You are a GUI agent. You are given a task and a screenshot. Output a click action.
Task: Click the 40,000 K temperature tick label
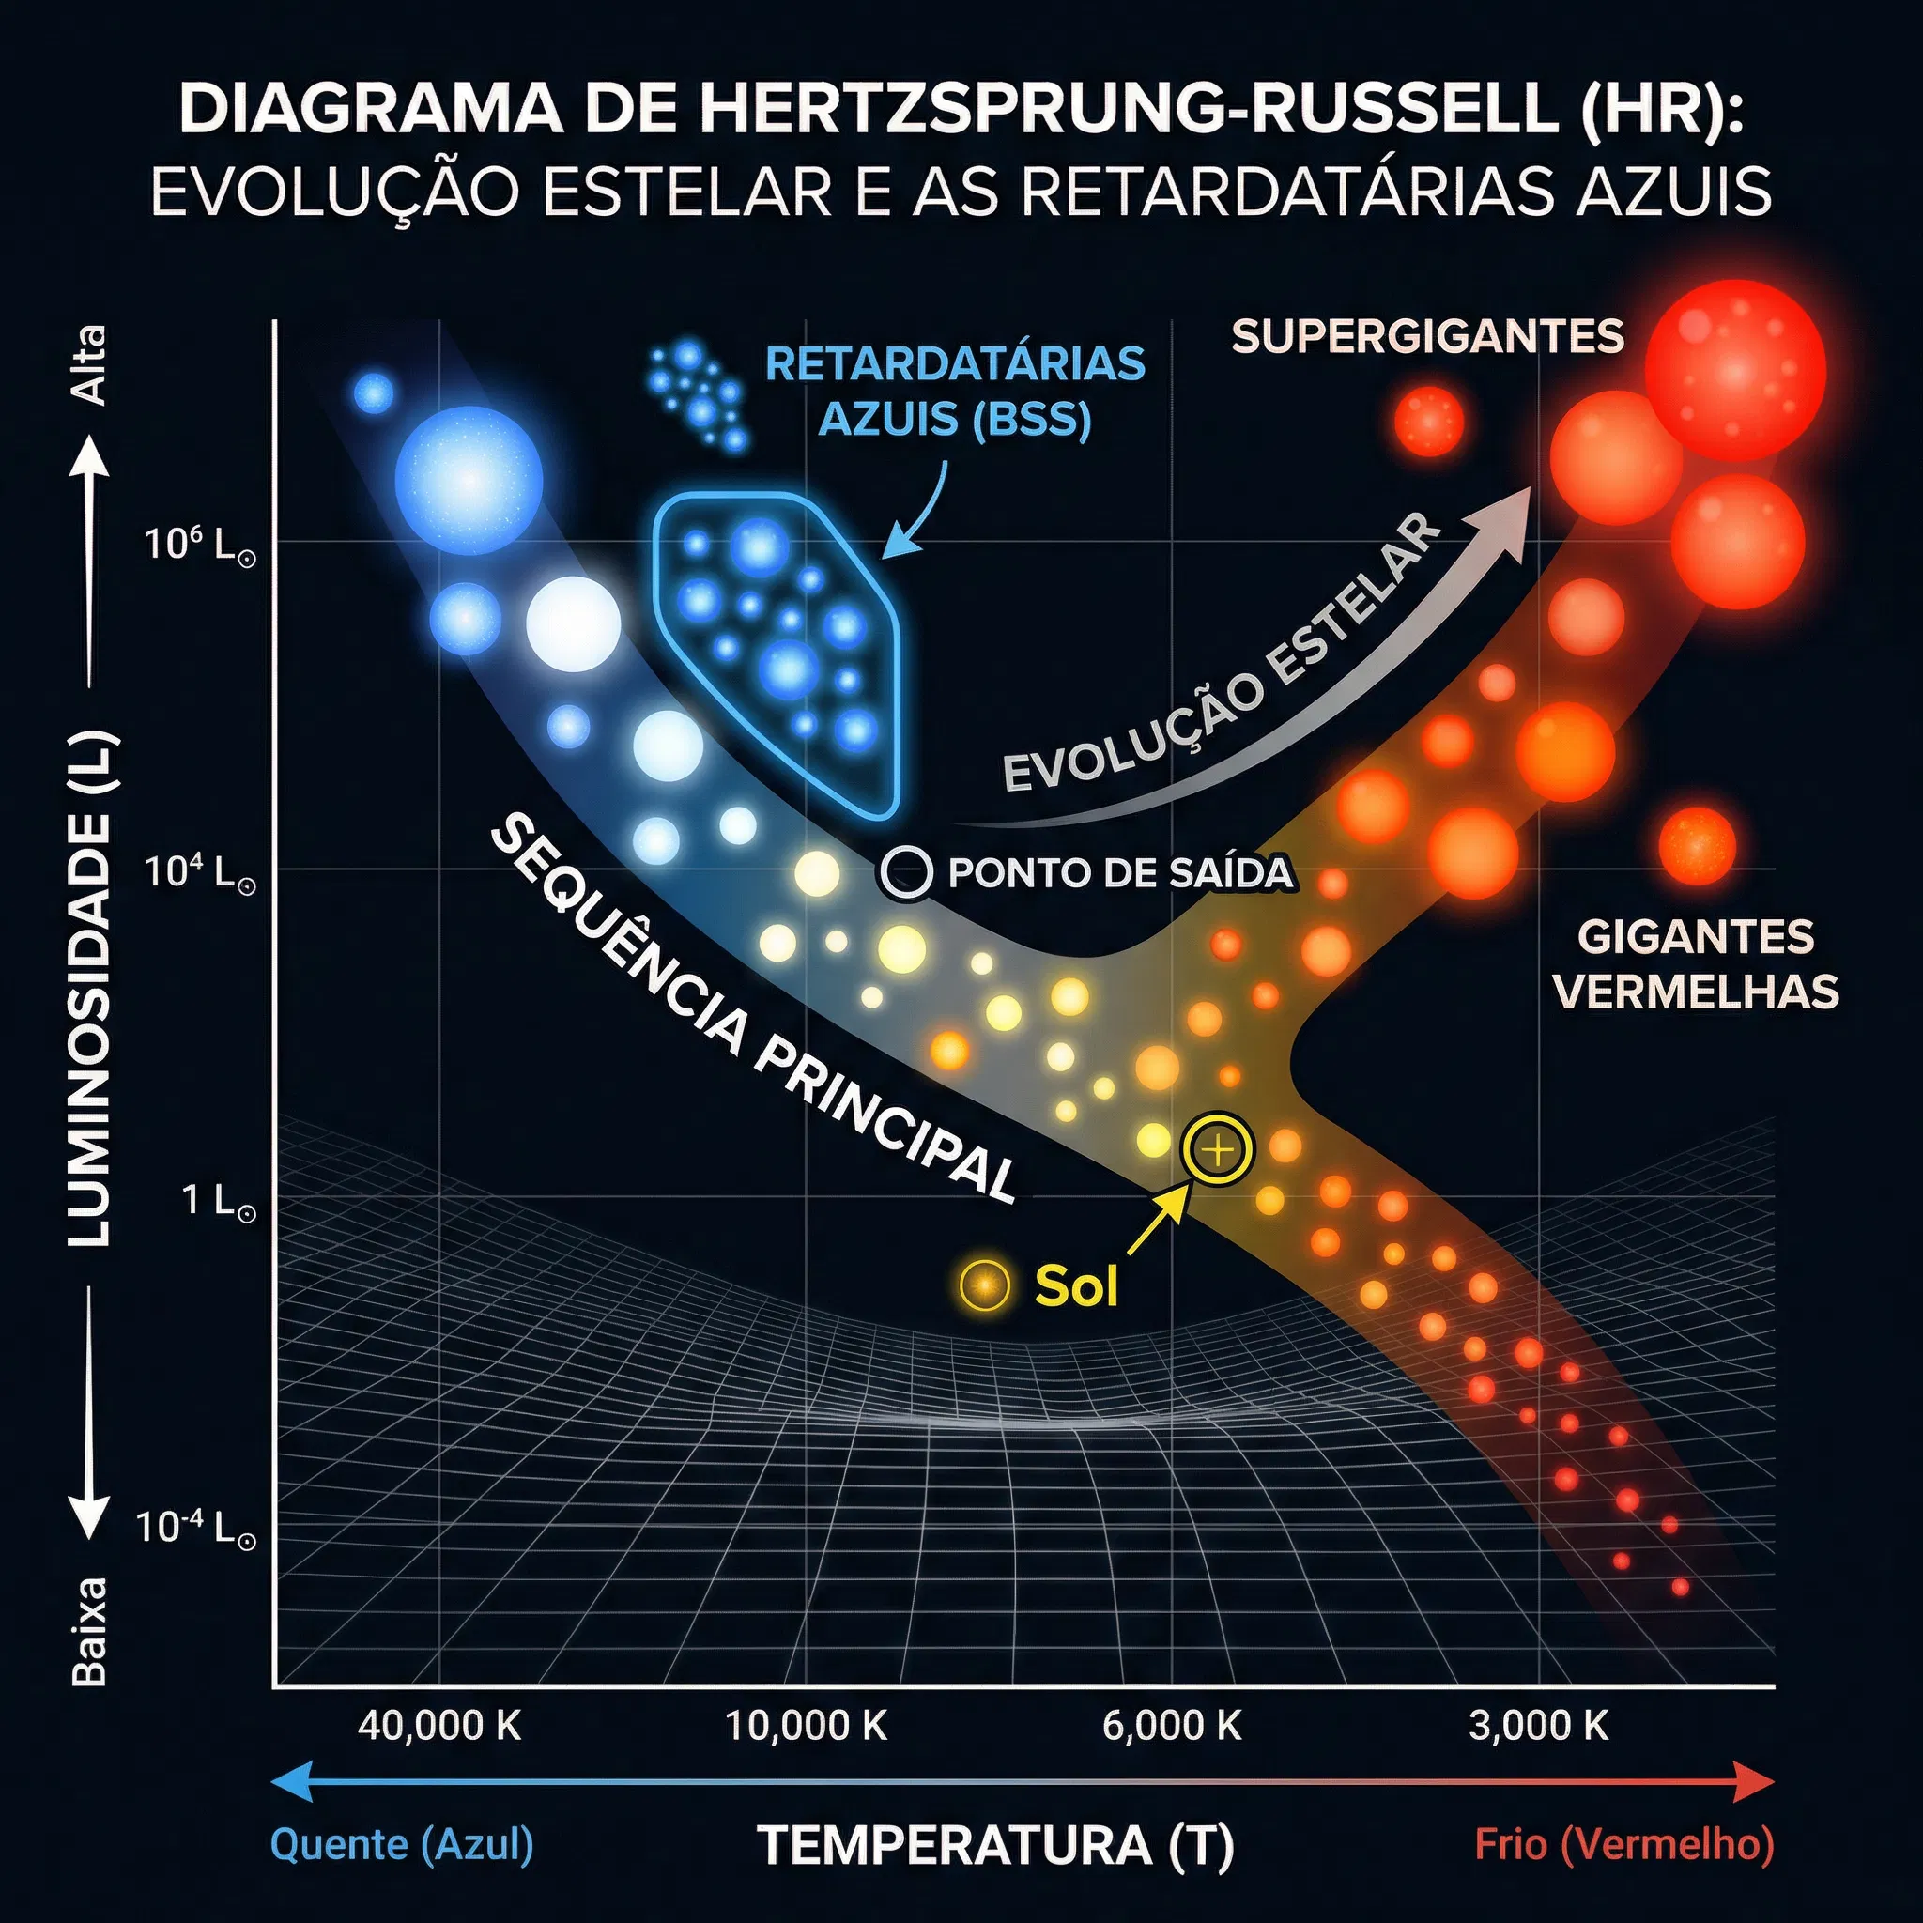coord(438,1725)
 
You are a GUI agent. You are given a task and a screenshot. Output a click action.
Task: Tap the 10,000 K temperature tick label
coord(806,1725)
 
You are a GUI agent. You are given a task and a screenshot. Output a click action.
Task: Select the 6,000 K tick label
coord(1172,1725)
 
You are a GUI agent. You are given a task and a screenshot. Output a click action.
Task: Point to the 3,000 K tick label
coord(1538,1725)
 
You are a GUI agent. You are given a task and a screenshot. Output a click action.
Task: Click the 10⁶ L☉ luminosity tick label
coord(200,545)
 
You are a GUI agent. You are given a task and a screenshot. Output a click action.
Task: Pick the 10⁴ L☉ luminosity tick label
coord(200,872)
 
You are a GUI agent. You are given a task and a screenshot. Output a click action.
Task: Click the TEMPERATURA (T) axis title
coord(995,1844)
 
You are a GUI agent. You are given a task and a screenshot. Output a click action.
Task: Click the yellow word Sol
coord(1076,1286)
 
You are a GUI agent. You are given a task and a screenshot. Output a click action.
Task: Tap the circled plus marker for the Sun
coord(1216,1150)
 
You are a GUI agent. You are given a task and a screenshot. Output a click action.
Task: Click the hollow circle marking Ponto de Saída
coord(906,873)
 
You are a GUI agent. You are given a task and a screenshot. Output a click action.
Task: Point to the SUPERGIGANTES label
coord(1427,336)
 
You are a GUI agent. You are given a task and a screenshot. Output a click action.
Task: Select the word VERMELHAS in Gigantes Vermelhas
coord(1695,992)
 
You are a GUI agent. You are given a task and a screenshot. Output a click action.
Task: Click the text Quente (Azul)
coord(402,1844)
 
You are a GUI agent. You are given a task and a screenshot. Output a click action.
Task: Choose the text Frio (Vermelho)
coord(1624,1844)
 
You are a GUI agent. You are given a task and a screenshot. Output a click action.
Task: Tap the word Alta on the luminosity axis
coord(90,364)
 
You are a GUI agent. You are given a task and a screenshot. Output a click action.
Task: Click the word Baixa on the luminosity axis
coord(90,1629)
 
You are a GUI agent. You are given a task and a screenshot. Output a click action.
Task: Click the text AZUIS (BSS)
coord(955,419)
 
